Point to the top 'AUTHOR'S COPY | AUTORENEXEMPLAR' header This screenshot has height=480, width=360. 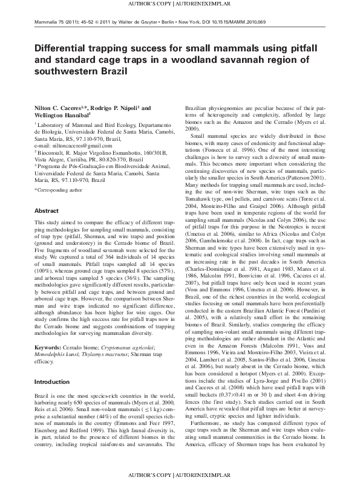[x=180, y=4]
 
